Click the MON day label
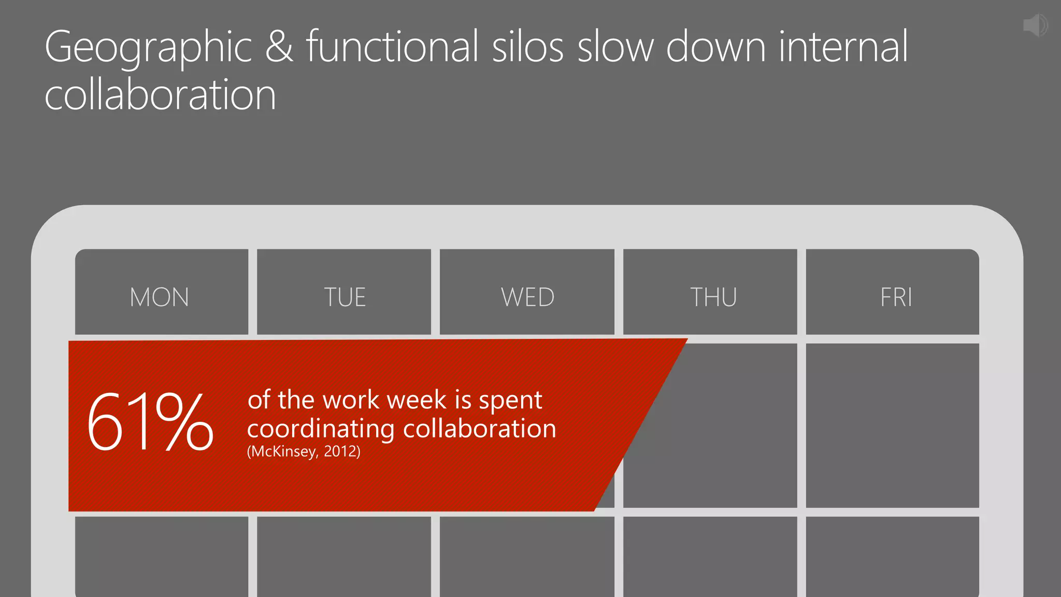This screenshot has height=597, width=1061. click(x=160, y=297)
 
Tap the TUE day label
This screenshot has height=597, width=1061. click(x=345, y=297)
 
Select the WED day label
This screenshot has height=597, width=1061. click(x=527, y=297)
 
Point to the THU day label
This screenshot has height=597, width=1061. click(x=713, y=297)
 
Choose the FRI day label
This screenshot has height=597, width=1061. click(x=896, y=297)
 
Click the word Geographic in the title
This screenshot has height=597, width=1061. click(x=148, y=48)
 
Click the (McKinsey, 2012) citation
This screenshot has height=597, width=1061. click(x=304, y=451)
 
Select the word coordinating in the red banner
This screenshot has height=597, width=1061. click(x=321, y=430)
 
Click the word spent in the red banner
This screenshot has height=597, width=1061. click(x=510, y=401)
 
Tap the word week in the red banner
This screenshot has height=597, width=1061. click(x=417, y=400)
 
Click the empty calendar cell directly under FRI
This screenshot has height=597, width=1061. click(x=892, y=425)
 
